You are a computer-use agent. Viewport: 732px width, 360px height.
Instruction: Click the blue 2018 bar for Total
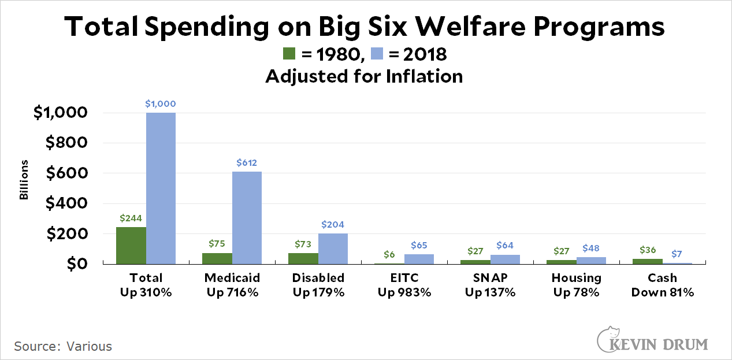point(161,188)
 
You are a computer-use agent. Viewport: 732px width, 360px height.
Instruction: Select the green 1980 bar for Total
point(131,246)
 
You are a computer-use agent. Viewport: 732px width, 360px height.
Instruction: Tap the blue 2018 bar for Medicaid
point(247,218)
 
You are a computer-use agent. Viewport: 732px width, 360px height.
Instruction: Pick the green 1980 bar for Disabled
point(303,258)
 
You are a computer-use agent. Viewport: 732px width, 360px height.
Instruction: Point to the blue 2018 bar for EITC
point(419,259)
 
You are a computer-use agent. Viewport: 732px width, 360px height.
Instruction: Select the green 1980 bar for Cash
point(648,261)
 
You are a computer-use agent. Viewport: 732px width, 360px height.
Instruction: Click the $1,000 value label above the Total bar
point(160,104)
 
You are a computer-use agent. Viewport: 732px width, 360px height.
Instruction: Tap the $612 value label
point(247,163)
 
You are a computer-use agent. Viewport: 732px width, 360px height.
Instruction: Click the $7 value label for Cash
point(677,254)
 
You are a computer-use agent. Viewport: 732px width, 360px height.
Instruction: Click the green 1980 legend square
point(289,54)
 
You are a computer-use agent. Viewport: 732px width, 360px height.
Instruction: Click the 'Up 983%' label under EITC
point(404,292)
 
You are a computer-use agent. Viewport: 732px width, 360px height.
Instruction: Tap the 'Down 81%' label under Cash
point(663,292)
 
